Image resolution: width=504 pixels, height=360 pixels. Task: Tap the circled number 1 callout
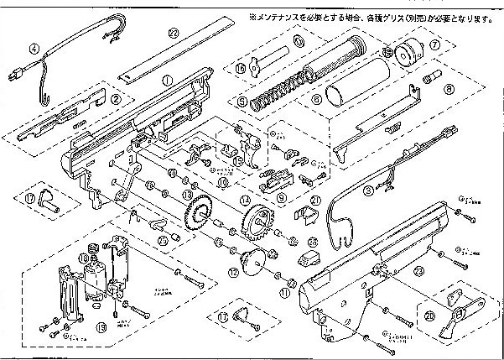166,80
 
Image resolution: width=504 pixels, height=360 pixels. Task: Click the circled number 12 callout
234,270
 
